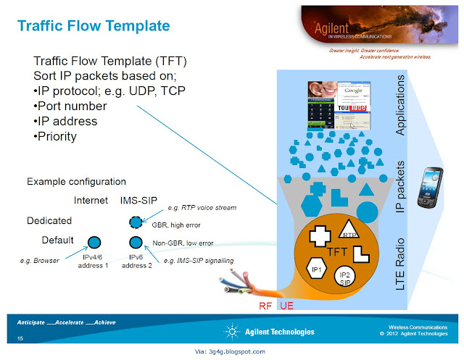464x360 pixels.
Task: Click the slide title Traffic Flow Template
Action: [94, 26]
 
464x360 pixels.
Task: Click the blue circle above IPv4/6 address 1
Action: [94, 243]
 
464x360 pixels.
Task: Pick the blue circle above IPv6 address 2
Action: [135, 243]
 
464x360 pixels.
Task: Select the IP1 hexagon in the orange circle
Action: [317, 269]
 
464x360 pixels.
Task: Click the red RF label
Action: [266, 306]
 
